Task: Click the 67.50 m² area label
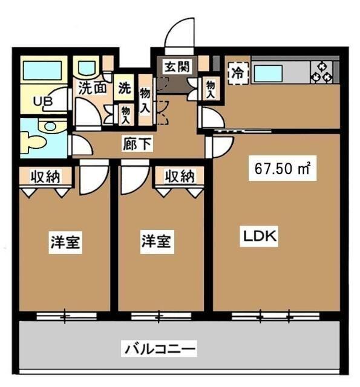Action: tap(283, 169)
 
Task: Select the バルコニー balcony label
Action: tap(160, 349)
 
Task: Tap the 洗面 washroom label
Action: tap(93, 87)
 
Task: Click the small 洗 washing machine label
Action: tap(124, 86)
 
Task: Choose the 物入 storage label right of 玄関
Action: tap(210, 88)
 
